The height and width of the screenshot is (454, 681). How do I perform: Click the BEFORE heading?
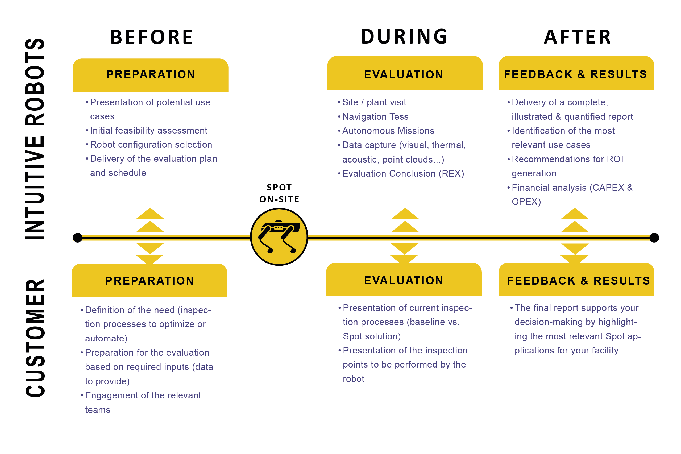pos(151,37)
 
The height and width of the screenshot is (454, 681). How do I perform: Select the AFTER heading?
pos(577,37)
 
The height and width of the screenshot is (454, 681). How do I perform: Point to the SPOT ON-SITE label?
pos(279,193)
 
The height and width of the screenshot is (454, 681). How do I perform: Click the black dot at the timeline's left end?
pos(78,238)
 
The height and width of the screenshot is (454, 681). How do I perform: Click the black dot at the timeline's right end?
pos(654,238)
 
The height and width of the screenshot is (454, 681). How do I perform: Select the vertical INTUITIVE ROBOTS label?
pos(35,139)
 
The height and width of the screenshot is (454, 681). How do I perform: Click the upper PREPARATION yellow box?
pos(151,75)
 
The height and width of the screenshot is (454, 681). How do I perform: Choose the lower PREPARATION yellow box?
pos(150,281)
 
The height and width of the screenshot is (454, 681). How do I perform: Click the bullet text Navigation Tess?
pos(375,117)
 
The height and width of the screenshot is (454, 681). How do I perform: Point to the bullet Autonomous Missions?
pos(388,131)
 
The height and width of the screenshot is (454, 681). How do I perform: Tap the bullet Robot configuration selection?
pos(151,145)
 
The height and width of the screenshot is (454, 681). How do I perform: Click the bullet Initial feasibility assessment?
pos(148,131)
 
